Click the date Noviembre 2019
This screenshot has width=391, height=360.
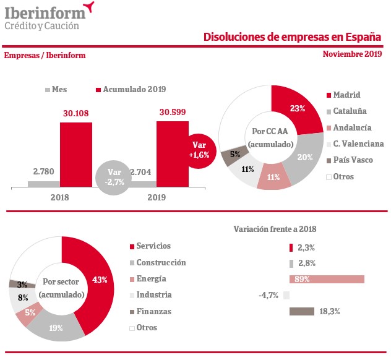coord(352,54)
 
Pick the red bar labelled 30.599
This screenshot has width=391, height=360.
coord(173,153)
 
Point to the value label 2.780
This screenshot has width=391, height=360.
coord(43,171)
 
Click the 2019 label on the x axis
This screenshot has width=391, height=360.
coord(157,197)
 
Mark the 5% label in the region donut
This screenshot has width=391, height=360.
coord(235,154)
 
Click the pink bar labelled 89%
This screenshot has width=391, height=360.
coord(327,279)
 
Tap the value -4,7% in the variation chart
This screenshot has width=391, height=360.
coord(268,296)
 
